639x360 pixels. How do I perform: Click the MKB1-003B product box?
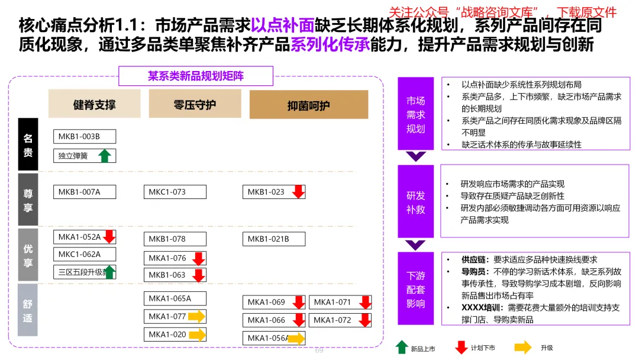pyautogui.click(x=84, y=137)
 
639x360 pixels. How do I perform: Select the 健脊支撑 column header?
pyautogui.click(x=95, y=104)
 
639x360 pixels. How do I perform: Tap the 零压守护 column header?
pyautogui.click(x=195, y=104)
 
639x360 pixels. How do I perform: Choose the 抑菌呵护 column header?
pyautogui.click(x=308, y=105)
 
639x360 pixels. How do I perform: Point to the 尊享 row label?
pyautogui.click(x=28, y=200)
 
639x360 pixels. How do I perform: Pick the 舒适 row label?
pyautogui.click(x=28, y=310)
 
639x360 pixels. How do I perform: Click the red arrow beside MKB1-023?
pyautogui.click(x=298, y=191)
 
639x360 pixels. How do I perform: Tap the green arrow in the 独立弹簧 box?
pyautogui.click(x=105, y=156)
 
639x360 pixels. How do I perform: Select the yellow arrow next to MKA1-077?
pyautogui.click(x=196, y=316)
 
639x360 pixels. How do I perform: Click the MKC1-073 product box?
pyautogui.click(x=175, y=192)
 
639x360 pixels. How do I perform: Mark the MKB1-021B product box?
pyautogui.click(x=273, y=239)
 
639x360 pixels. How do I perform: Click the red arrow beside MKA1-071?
pyautogui.click(x=365, y=302)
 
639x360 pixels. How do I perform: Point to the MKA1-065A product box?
pyautogui.click(x=175, y=298)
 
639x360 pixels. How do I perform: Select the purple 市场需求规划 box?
pyautogui.click(x=415, y=114)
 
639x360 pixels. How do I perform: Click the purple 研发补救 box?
pyautogui.click(x=415, y=202)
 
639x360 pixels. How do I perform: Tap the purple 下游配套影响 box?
pyautogui.click(x=415, y=289)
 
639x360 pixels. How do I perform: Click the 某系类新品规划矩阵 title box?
pyautogui.click(x=196, y=76)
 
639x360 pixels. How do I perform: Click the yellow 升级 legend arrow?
pyautogui.click(x=522, y=348)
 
